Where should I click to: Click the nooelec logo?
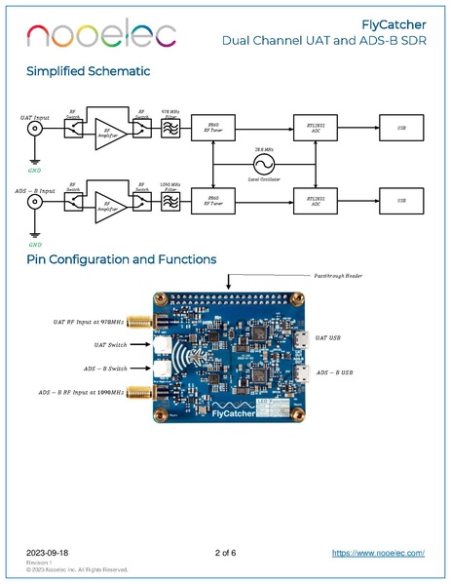102,35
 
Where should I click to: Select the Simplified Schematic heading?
89,71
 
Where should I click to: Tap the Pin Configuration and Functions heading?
122,259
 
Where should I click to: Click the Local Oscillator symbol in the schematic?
261,163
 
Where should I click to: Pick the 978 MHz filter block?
170,128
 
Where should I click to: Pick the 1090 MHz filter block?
170,201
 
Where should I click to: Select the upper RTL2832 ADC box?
315,128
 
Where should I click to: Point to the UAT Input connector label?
35,117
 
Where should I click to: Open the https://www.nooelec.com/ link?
378,553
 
